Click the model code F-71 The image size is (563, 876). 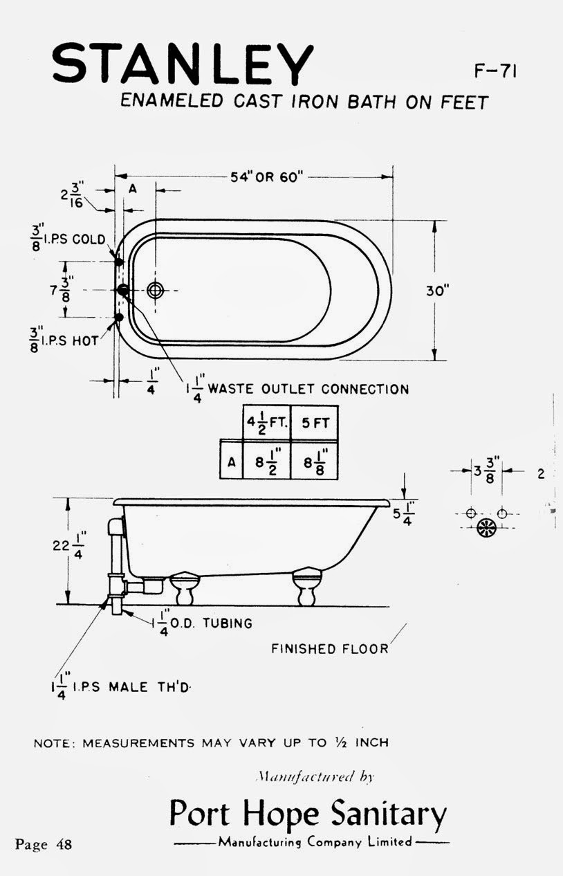pyautogui.click(x=496, y=72)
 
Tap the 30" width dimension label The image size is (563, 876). pyautogui.click(x=438, y=291)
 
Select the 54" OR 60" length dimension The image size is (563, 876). pyautogui.click(x=267, y=177)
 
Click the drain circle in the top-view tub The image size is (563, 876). pyautogui.click(x=156, y=291)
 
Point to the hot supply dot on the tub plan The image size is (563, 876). pyautogui.click(x=118, y=318)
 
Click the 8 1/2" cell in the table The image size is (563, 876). pyautogui.click(x=266, y=459)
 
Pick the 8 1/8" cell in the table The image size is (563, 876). pyautogui.click(x=315, y=459)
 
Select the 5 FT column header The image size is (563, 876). pyautogui.click(x=315, y=423)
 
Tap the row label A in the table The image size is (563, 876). pyautogui.click(x=230, y=460)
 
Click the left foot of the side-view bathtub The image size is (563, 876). pyautogui.click(x=185, y=587)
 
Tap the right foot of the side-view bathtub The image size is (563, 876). pyautogui.click(x=307, y=587)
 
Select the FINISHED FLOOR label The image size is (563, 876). pyautogui.click(x=329, y=649)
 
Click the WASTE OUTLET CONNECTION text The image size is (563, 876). pyautogui.click(x=308, y=389)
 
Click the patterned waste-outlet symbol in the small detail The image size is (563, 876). pyautogui.click(x=487, y=527)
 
